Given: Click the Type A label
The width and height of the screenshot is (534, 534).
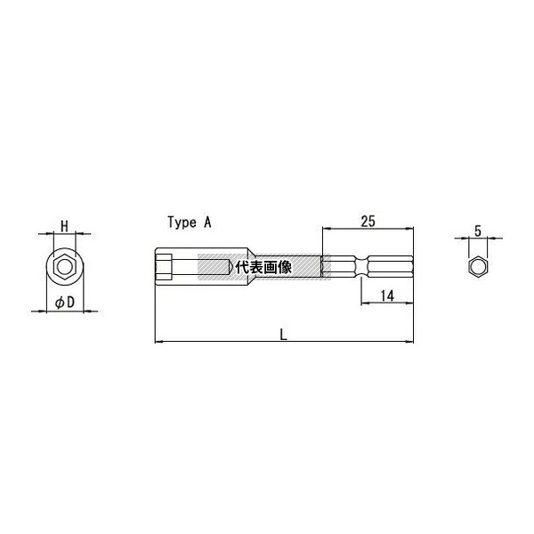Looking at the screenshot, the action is click(190, 222).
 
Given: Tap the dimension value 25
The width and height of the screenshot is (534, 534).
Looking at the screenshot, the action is click(368, 222).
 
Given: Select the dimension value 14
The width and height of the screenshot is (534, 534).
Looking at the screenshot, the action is click(387, 296).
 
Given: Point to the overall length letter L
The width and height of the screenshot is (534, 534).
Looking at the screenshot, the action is click(284, 336).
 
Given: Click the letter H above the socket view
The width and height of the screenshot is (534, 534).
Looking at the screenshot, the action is click(64, 226).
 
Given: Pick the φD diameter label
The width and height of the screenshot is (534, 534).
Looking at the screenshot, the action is click(65, 303).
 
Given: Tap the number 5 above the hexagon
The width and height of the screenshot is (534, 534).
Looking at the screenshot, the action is click(478, 231).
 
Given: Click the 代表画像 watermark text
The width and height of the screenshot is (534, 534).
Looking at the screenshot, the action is click(263, 267).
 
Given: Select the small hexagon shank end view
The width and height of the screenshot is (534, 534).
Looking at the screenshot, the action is click(478, 267).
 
